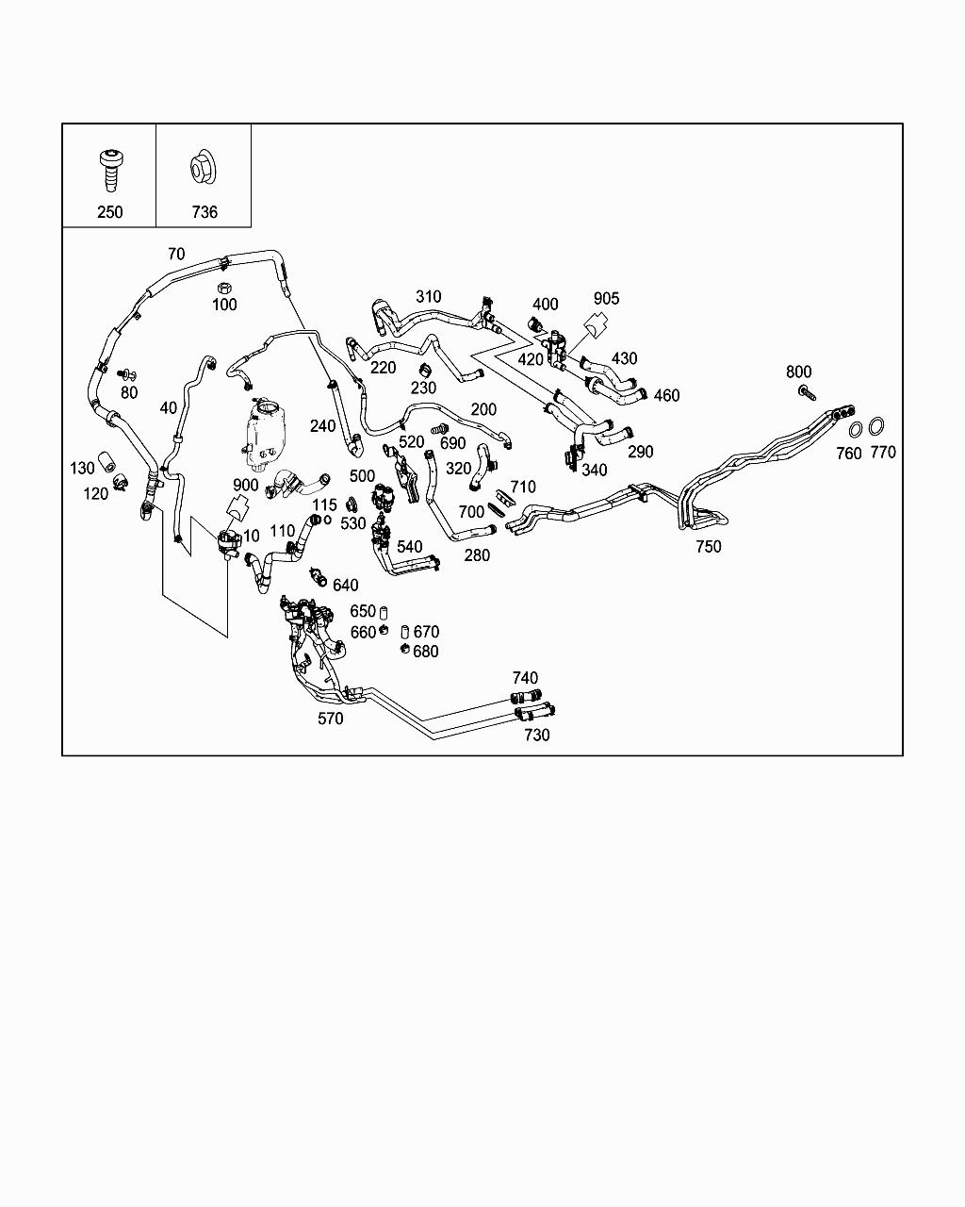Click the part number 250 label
(x=109, y=212)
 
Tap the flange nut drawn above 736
(x=203, y=168)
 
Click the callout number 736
(x=204, y=212)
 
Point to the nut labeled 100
(x=224, y=287)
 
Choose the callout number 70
(x=176, y=254)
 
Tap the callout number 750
(x=708, y=546)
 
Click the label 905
(x=607, y=298)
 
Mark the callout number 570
(x=331, y=719)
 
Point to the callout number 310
(x=428, y=297)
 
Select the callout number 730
(x=537, y=735)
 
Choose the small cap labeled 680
(x=404, y=650)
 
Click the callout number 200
(x=483, y=409)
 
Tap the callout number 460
(x=666, y=395)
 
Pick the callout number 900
(x=245, y=485)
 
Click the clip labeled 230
(x=425, y=368)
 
